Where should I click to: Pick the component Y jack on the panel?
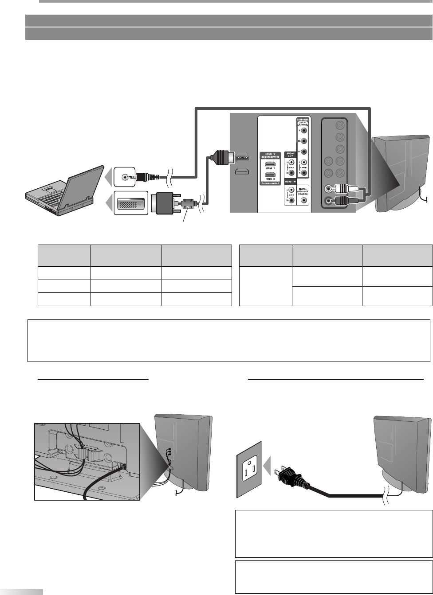[x=303, y=131]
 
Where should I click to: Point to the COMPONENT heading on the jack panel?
[x=303, y=120]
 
